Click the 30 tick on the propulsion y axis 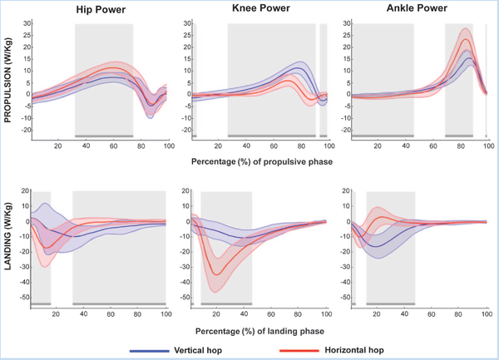point(22,25)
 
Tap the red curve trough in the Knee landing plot point(217,274)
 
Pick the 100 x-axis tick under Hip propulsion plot point(166,146)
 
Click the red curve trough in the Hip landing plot point(47,247)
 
